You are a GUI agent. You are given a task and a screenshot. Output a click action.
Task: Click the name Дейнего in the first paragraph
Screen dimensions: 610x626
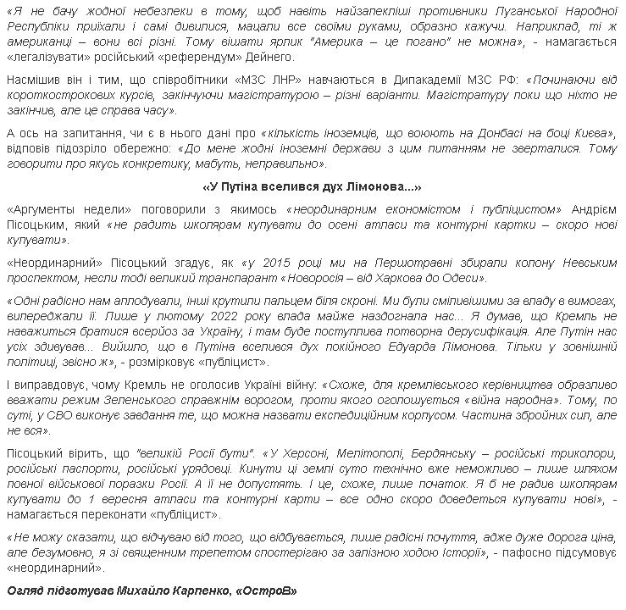269,57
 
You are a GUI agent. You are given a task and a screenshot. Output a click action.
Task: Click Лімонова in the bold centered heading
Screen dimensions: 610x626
378,186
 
